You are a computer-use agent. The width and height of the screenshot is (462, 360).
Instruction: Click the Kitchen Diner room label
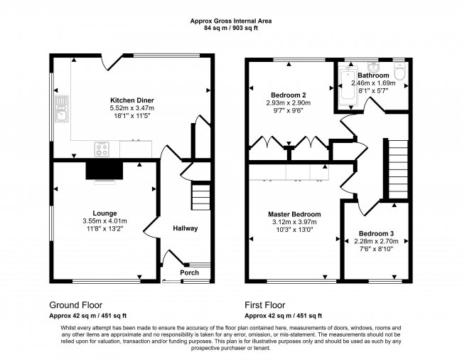[131, 100]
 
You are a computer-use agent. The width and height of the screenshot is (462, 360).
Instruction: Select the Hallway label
[186, 228]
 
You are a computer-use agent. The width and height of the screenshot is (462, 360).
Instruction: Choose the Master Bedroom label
[294, 214]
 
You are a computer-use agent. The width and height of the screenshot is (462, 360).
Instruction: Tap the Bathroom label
[373, 75]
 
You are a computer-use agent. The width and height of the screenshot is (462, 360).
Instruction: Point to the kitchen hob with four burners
[102, 149]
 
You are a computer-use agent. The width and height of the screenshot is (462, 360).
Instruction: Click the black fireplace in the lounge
[104, 170]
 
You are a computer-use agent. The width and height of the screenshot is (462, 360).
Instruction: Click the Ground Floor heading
[76, 302]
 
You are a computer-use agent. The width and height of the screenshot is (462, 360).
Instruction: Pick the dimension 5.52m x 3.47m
[131, 108]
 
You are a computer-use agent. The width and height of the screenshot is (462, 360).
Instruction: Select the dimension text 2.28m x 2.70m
[373, 242]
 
